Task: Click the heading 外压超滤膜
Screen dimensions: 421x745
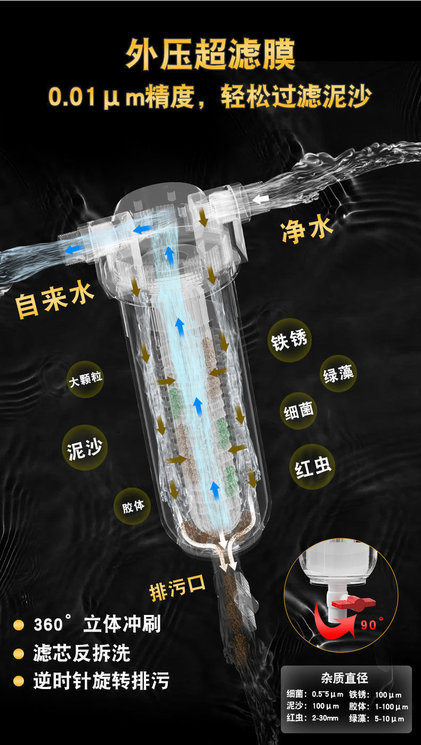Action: click(210, 53)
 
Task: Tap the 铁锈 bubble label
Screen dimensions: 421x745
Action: click(289, 341)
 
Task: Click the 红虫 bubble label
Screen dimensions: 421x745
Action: click(313, 467)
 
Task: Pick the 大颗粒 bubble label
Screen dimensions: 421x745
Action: click(86, 380)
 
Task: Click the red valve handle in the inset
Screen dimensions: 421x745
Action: click(357, 603)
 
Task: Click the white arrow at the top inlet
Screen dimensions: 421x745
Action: click(261, 199)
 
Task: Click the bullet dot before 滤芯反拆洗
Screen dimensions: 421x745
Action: click(20, 653)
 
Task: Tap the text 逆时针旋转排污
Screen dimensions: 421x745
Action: click(101, 681)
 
